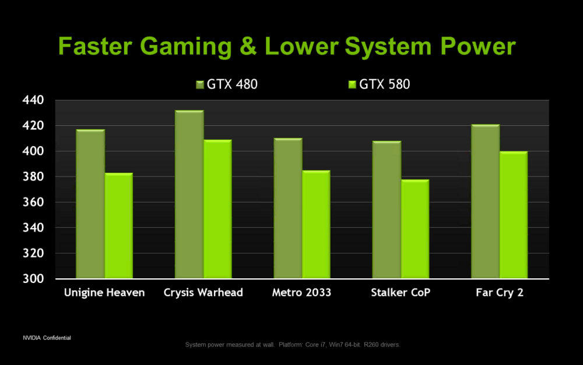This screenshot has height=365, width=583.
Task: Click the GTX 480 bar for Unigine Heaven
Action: click(x=90, y=203)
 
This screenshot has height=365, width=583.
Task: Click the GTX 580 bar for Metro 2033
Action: click(x=316, y=224)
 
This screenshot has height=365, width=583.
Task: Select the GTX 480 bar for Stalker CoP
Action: click(x=387, y=209)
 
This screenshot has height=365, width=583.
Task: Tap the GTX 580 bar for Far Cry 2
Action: click(x=513, y=215)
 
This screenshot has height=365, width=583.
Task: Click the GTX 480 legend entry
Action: click(x=227, y=84)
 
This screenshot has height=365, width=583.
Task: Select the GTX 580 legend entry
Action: click(x=379, y=84)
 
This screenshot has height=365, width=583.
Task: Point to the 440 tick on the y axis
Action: click(x=34, y=100)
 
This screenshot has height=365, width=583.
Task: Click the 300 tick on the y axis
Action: click(x=34, y=278)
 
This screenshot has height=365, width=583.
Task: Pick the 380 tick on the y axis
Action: click(x=34, y=176)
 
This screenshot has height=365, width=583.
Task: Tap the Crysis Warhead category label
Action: click(x=203, y=292)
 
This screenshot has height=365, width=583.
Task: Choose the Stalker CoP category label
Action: click(x=401, y=292)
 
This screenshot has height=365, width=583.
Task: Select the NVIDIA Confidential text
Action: click(x=47, y=338)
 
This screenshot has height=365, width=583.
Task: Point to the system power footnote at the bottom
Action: click(x=292, y=345)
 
